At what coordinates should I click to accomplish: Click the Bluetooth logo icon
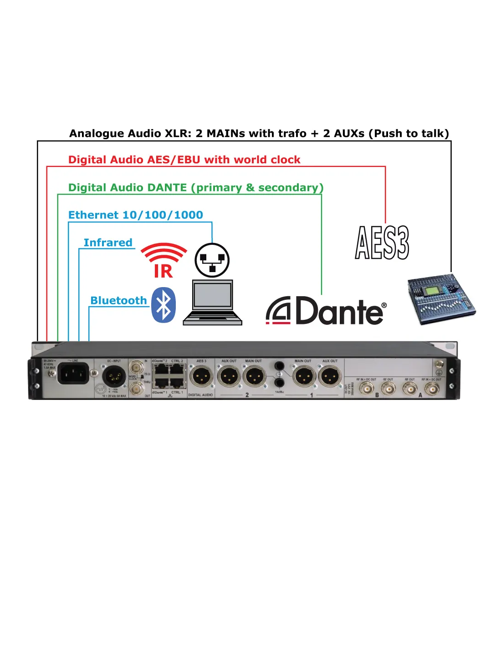164,305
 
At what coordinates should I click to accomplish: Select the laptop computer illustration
212,303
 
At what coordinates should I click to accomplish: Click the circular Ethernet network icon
212,260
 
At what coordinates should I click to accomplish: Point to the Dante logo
326,311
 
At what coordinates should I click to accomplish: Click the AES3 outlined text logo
382,243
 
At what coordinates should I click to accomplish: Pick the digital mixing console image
440,299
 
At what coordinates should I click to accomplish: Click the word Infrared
108,243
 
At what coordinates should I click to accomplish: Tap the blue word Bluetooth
118,300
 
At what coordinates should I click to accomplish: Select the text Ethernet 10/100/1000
136,215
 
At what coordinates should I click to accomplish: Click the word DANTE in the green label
170,187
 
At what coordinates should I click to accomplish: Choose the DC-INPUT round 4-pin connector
113,377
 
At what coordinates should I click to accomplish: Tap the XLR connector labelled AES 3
201,377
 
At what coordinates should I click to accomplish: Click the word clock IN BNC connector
136,367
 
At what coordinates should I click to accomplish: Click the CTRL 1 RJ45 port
176,383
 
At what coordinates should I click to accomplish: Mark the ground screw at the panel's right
439,364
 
